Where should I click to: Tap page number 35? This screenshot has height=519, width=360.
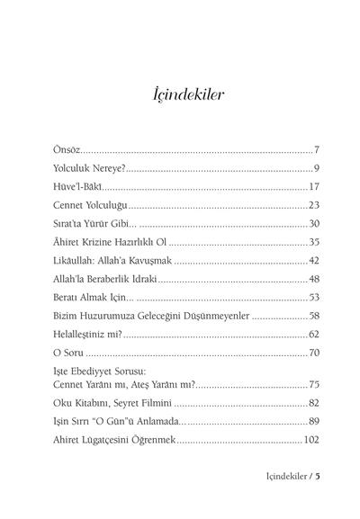point(315,243)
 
